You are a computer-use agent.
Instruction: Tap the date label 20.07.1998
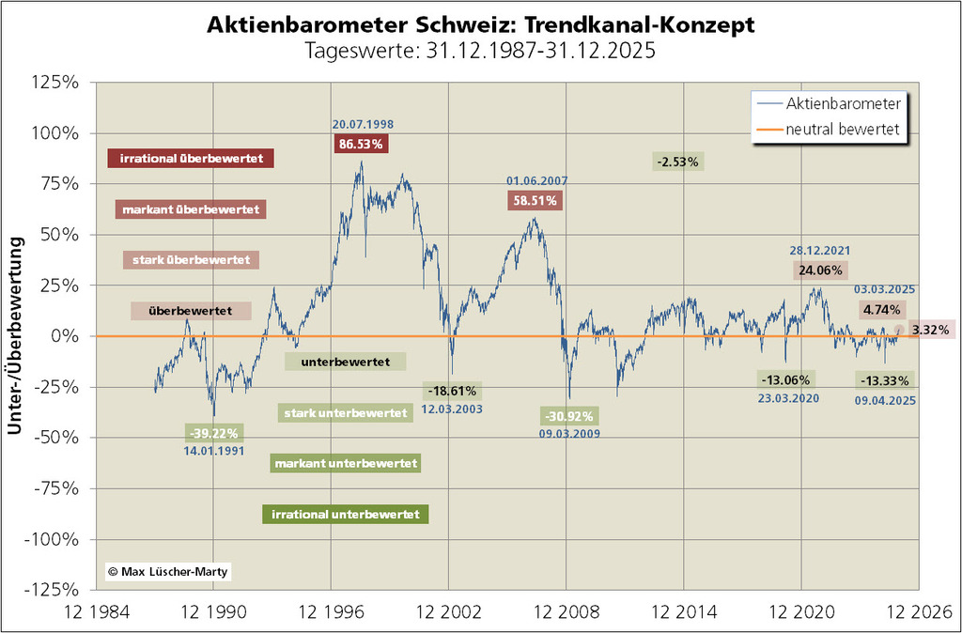[x=361, y=125]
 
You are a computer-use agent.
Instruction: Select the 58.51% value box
[x=535, y=199]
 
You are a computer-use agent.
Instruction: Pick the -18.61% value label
[x=453, y=390]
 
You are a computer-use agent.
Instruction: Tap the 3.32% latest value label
[x=931, y=331]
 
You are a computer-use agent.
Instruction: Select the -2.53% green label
[x=678, y=162]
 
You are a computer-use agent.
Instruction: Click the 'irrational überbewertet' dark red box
[x=191, y=159]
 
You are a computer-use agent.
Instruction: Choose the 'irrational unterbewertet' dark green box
[x=346, y=515]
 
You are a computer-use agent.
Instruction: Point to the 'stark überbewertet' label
[x=192, y=260]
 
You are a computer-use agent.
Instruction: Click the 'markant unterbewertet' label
[x=345, y=463]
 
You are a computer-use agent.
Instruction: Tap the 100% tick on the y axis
[x=59, y=132]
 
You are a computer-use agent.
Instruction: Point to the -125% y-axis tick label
[x=54, y=590]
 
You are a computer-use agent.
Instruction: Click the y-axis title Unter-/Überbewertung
[x=16, y=335]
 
